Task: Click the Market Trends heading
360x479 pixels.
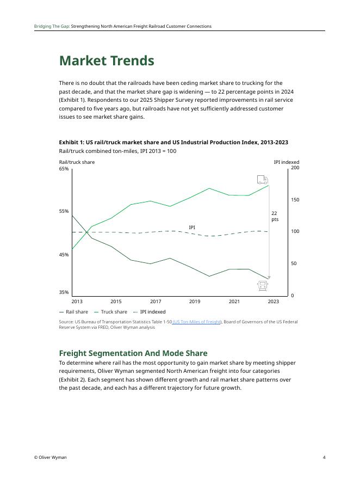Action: [107, 61]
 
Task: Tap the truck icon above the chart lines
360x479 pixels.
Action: [262, 180]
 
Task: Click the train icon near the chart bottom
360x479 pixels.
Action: [263, 285]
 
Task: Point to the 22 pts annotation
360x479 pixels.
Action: [275, 216]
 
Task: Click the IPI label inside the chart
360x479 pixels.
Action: [192, 228]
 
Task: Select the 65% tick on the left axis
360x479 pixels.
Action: [64, 169]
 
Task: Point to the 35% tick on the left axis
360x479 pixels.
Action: [64, 292]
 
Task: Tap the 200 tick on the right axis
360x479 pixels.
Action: [295, 168]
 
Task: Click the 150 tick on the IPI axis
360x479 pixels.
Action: [295, 200]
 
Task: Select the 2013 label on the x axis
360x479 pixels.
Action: [77, 301]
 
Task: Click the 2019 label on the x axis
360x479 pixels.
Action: [195, 301]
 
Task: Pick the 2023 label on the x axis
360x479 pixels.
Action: [273, 301]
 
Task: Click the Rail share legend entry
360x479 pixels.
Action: [73, 312]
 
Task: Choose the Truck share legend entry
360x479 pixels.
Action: [111, 312]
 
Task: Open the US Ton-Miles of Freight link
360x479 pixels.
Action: [197, 322]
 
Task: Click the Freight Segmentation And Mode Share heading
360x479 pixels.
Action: [133, 353]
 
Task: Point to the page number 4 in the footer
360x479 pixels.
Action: [324, 457]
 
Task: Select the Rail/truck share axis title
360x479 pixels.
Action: [77, 162]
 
